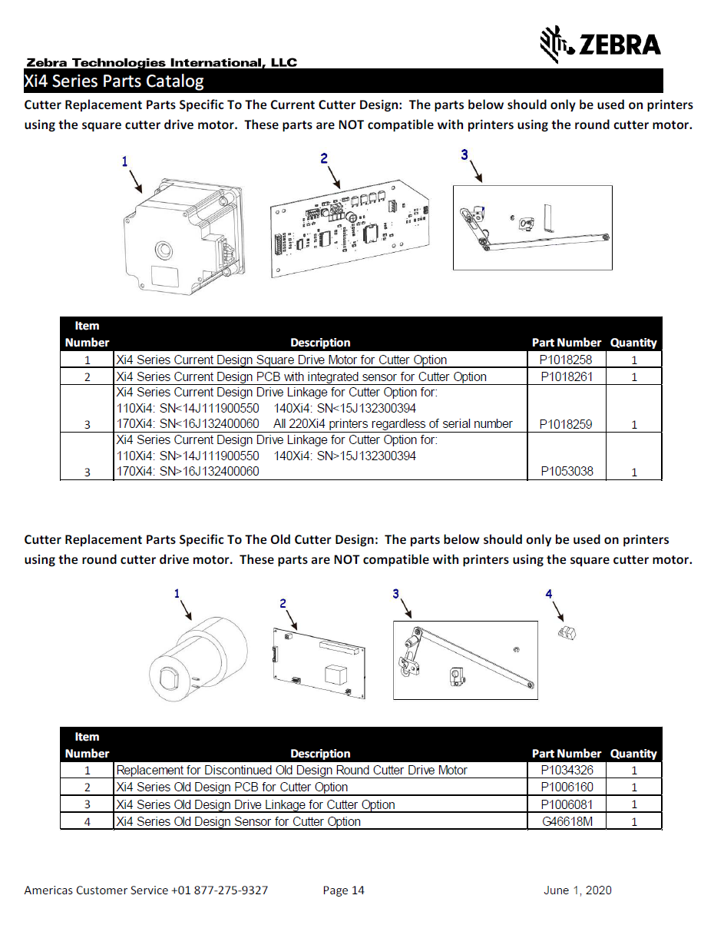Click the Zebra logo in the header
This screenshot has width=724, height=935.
[x=600, y=44]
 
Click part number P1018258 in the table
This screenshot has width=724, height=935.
[x=567, y=360]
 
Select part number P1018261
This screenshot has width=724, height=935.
[x=567, y=376]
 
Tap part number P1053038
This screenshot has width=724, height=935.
[x=567, y=472]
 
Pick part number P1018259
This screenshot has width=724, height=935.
[x=567, y=424]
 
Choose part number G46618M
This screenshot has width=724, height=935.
[x=567, y=821]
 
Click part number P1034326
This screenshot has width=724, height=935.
[x=567, y=770]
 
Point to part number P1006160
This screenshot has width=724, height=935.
[x=567, y=787]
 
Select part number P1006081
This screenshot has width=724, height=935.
[x=567, y=804]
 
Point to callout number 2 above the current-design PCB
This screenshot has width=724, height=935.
[x=324, y=158]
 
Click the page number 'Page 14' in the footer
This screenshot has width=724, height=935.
[x=344, y=890]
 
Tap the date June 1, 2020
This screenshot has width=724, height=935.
[x=577, y=890]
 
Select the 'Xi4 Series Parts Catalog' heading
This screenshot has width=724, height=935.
[x=114, y=81]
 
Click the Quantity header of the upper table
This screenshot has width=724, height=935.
[x=633, y=343]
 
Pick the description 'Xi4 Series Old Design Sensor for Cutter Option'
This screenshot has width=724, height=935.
[x=238, y=821]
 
